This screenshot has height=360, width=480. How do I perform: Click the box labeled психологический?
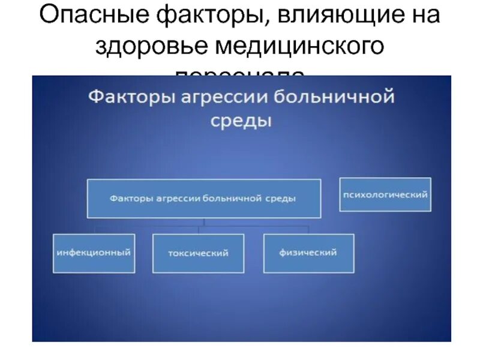(385, 194)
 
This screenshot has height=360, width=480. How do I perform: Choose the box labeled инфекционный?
(94, 253)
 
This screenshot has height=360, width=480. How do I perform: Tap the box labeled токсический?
(198, 253)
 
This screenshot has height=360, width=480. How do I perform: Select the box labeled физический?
(308, 253)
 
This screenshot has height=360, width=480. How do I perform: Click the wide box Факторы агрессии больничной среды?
(204, 199)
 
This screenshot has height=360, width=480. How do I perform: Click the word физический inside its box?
(308, 253)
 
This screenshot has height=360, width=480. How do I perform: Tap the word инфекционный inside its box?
(94, 253)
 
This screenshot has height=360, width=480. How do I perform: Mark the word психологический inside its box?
(385, 195)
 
